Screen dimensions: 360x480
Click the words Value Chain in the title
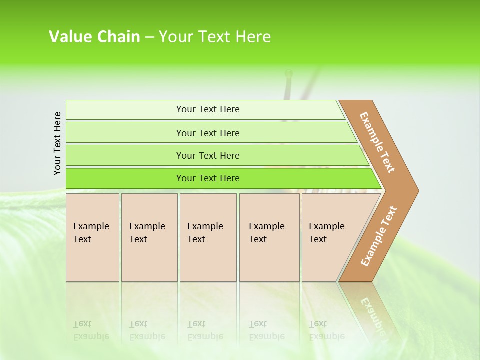tap(94, 37)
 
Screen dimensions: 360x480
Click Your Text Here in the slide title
tap(215, 37)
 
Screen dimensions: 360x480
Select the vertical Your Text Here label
tap(57, 143)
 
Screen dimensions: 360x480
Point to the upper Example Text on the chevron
tap(378, 142)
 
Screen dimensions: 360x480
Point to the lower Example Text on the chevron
tap(379, 236)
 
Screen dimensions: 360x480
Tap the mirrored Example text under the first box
tap(91, 336)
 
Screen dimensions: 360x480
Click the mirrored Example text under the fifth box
tap(327, 336)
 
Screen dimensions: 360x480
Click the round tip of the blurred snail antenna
tap(288, 74)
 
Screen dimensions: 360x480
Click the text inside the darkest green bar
tap(208, 178)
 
